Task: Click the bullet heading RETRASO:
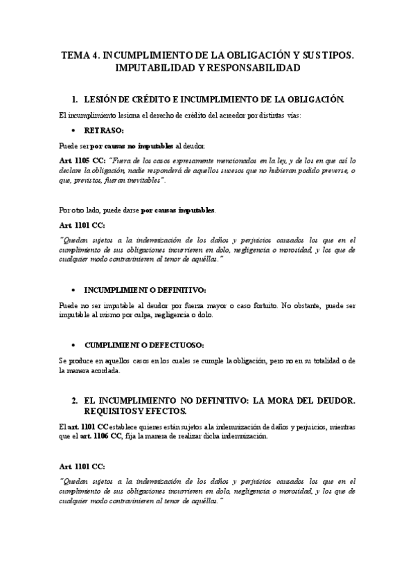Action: coord(104,130)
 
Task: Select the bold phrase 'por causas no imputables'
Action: coord(132,146)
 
